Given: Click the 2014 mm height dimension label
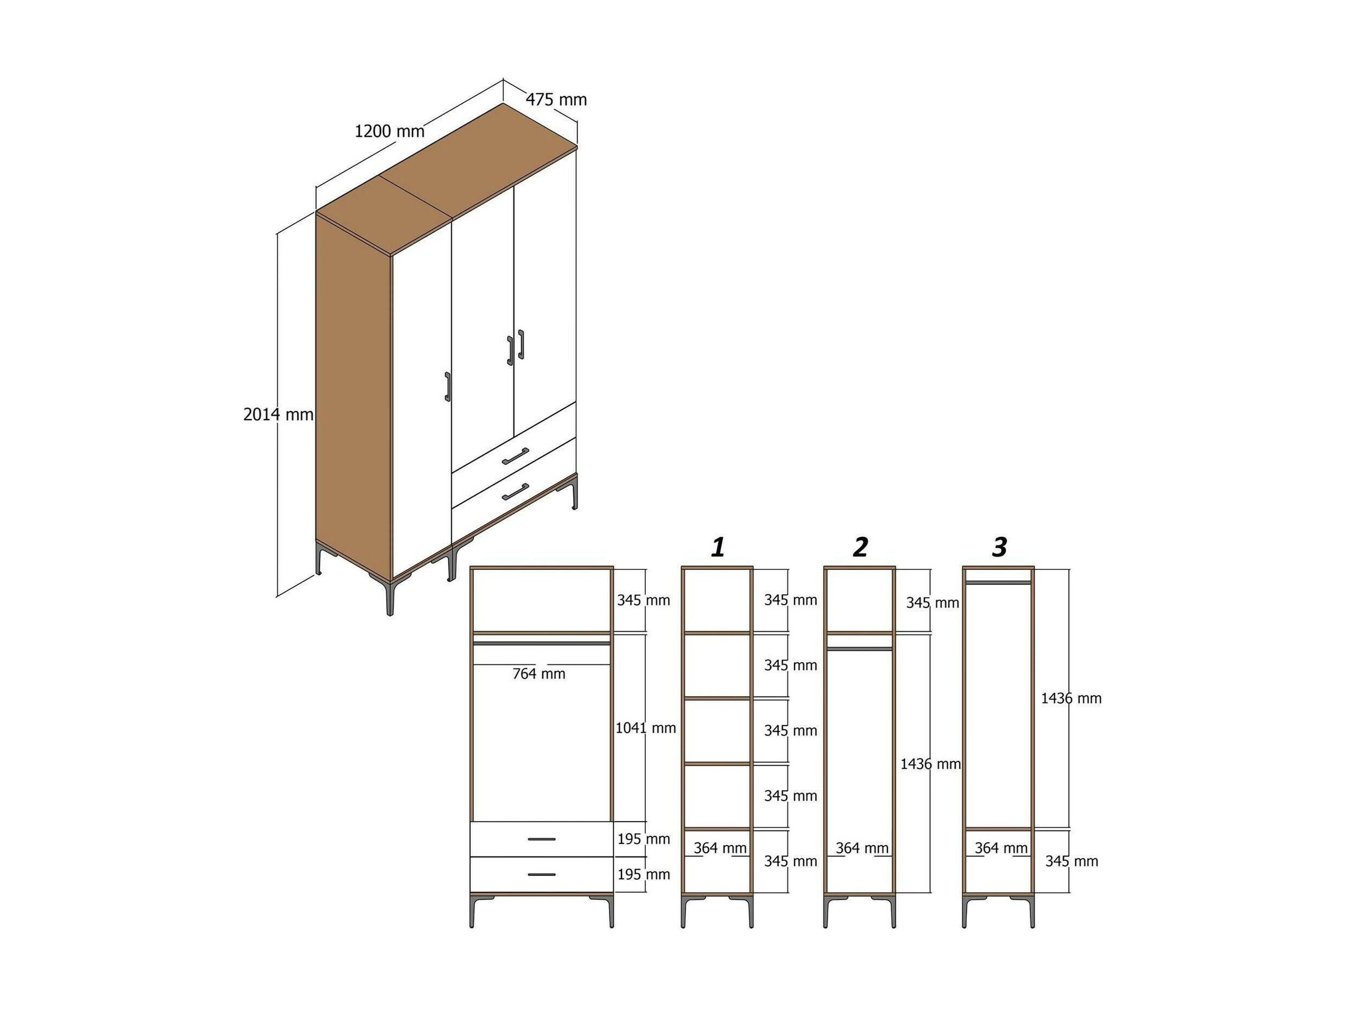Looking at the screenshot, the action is point(278,414).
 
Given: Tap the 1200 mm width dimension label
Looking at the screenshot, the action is point(390,131).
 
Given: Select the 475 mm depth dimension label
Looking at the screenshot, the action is point(556,99).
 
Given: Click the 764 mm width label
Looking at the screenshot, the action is point(539,673).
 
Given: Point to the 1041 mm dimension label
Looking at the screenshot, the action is point(646,727).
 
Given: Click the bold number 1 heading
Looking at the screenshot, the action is point(718,547).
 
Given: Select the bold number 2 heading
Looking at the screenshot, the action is point(860,547).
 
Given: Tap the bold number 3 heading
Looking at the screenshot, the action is point(999,547).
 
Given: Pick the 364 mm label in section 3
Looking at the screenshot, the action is point(1001,848).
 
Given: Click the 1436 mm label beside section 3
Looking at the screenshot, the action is point(1071,698).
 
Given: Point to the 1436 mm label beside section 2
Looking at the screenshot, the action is point(931,764).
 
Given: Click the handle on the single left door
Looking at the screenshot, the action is point(448,387).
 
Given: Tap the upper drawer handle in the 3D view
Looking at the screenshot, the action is point(516,455).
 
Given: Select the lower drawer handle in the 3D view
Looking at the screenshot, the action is point(516,492).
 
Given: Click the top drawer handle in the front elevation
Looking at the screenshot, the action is point(541,839).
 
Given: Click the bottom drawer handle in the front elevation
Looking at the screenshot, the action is point(541,874).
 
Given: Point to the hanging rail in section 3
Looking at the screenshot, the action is point(998,582).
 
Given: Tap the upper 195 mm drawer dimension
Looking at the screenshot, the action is point(644,839).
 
